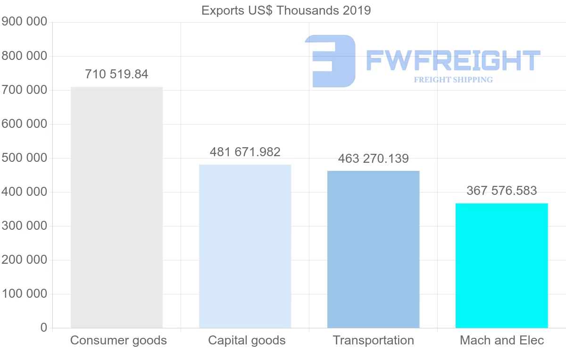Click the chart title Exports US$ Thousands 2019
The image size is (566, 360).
pyautogui.click(x=286, y=10)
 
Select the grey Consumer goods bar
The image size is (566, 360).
pyautogui.click(x=117, y=208)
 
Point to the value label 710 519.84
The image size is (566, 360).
pyautogui.click(x=117, y=75)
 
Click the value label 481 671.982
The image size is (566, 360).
pyautogui.click(x=245, y=152)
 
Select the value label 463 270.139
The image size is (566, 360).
pyautogui.click(x=373, y=159)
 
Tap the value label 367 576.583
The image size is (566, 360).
pyautogui.click(x=501, y=191)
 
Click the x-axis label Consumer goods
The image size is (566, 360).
pyautogui.click(x=118, y=341)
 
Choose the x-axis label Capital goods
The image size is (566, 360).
pyautogui.click(x=247, y=341)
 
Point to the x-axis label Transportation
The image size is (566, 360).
pyautogui.click(x=373, y=341)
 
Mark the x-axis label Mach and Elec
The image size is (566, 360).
pyautogui.click(x=502, y=341)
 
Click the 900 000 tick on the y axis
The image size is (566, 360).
pyautogui.click(x=24, y=22)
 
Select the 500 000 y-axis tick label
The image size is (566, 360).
pyautogui.click(x=24, y=158)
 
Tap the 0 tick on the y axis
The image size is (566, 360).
pyautogui.click(x=44, y=328)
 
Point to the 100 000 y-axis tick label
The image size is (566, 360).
pyautogui.click(x=24, y=294)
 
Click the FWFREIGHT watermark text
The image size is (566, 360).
pyautogui.click(x=453, y=61)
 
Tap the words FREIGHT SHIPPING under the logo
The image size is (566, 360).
pyautogui.click(x=453, y=80)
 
